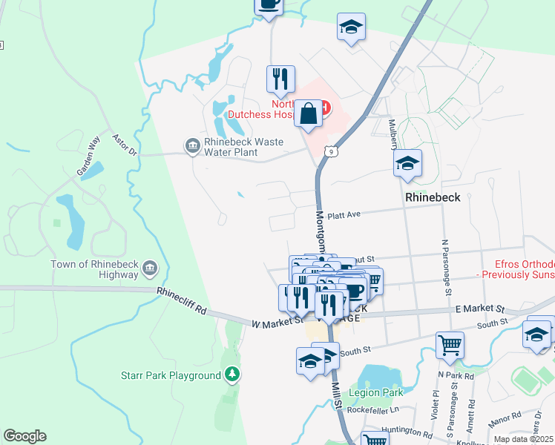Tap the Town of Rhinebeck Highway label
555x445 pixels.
tap(94, 269)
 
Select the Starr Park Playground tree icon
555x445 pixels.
tap(234, 375)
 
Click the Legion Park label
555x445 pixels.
tap(381, 392)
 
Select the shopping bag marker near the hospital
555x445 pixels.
tap(308, 115)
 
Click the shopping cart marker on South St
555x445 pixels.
tap(450, 344)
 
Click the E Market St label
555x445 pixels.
tap(479, 309)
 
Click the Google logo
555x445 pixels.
tap(24, 436)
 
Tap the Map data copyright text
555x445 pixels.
tap(523, 439)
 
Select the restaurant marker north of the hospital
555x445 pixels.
tap(280, 78)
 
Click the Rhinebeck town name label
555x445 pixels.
tap(433, 198)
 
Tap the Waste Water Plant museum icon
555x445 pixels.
tap(192, 143)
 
